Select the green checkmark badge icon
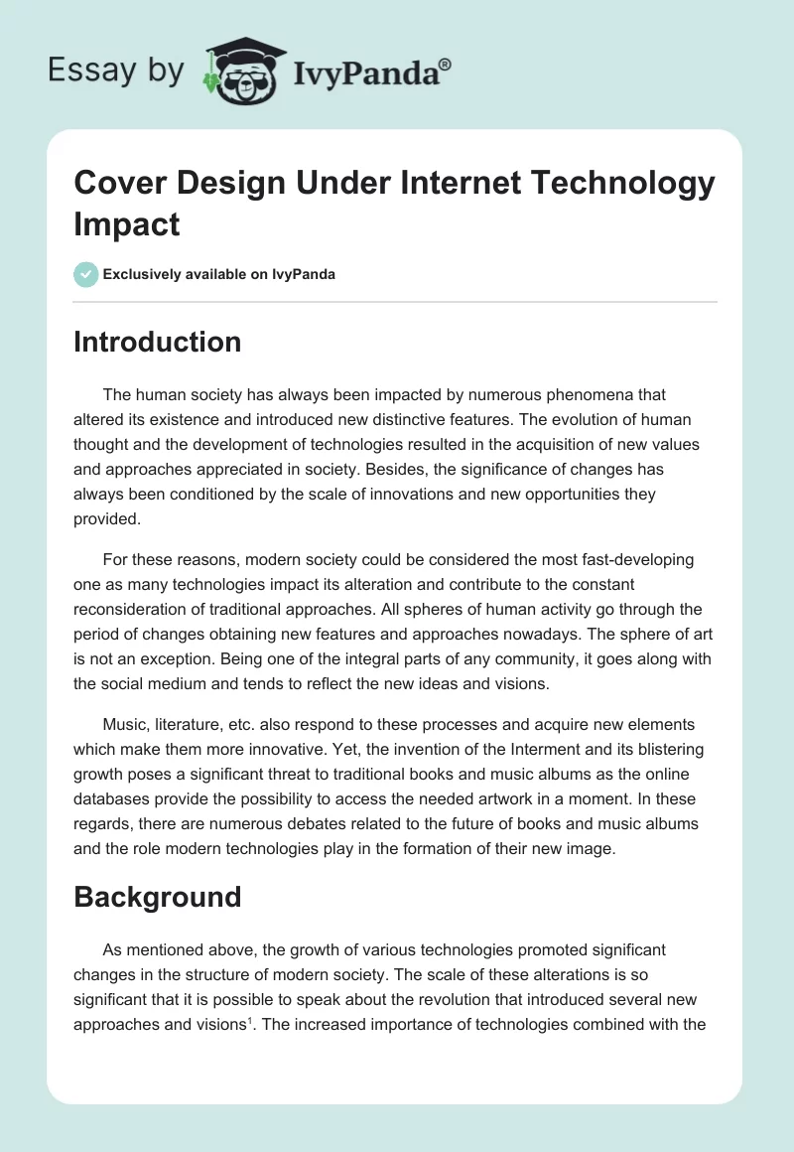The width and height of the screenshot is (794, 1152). (86, 274)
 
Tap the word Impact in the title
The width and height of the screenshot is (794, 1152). (127, 225)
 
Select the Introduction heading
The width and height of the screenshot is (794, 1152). (157, 342)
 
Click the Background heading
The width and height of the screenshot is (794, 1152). (157, 897)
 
